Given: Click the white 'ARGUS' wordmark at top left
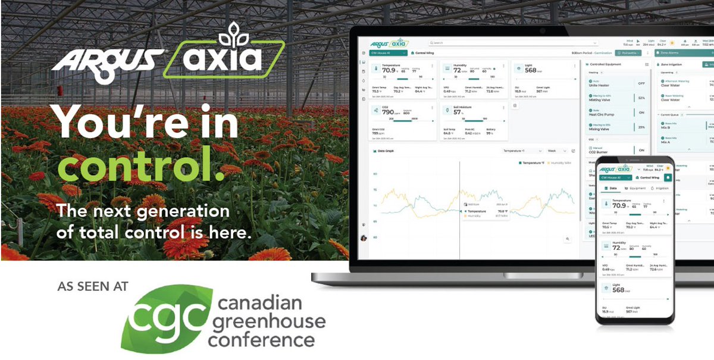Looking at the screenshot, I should (107, 60).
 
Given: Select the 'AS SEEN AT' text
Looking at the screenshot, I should (92, 287).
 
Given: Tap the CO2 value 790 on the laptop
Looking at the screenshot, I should (388, 112).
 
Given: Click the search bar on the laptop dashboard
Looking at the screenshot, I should (512, 43).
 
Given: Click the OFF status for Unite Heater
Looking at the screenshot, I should (641, 84).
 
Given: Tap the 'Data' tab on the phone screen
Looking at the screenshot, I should (612, 188).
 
